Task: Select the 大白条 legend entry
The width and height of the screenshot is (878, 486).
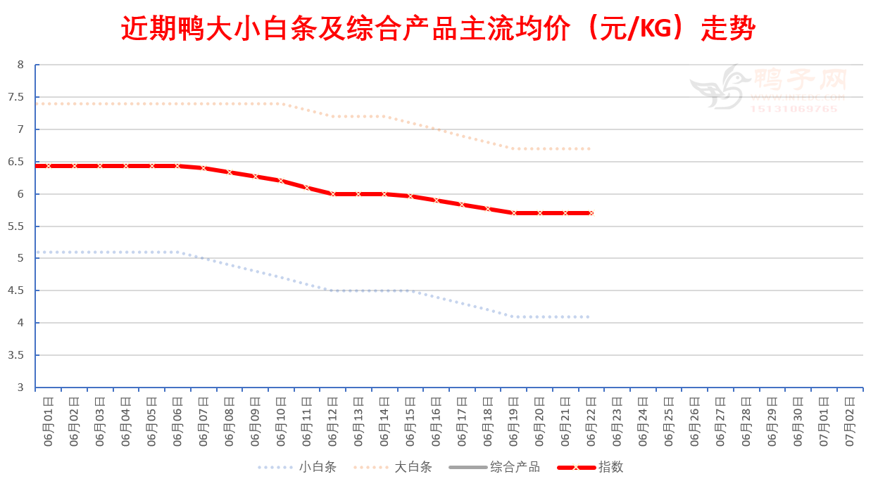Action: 413,467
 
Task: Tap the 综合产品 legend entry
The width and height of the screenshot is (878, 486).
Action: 515,467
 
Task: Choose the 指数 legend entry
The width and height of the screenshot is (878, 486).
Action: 610,467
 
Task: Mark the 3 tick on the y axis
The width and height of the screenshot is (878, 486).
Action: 21,388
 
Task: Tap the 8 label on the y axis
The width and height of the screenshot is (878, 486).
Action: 21,65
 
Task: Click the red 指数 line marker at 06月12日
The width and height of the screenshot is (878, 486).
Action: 333,194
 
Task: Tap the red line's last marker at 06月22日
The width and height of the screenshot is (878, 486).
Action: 591,213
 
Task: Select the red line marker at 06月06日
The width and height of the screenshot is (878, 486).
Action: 177,166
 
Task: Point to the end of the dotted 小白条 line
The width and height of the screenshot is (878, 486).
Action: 589,316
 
